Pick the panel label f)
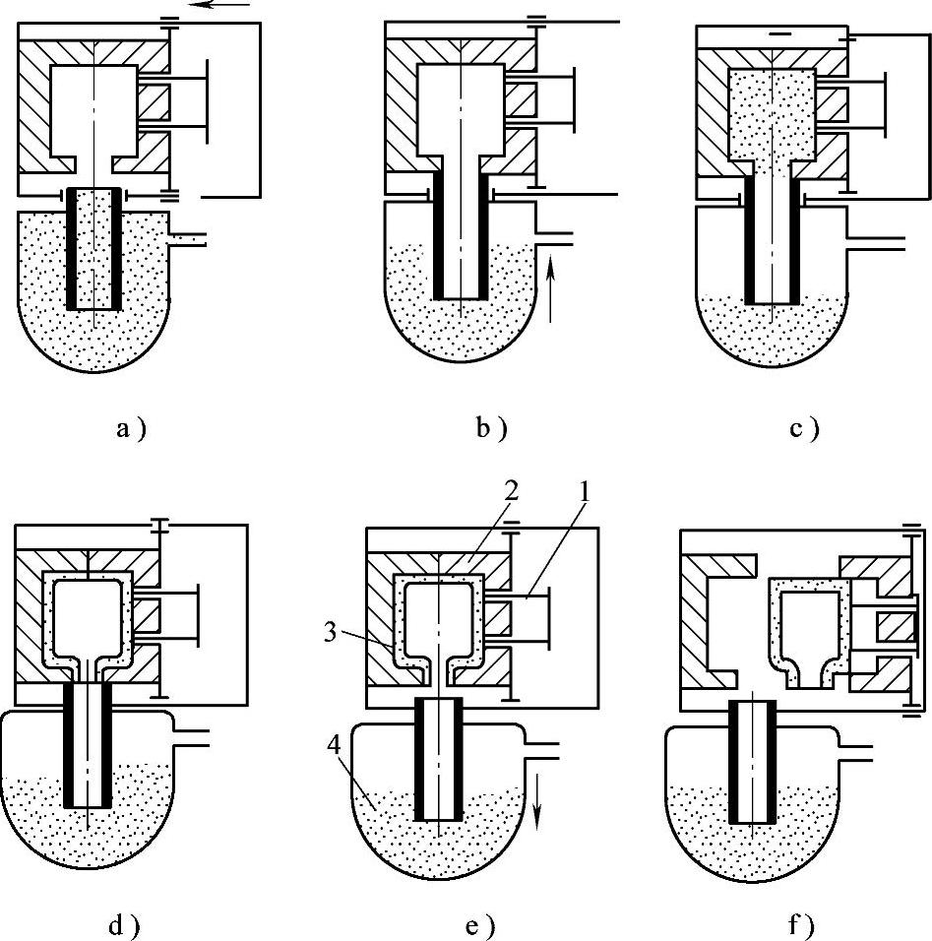click(x=801, y=926)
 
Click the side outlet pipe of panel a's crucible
click(x=188, y=239)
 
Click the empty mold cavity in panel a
click(x=93, y=108)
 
